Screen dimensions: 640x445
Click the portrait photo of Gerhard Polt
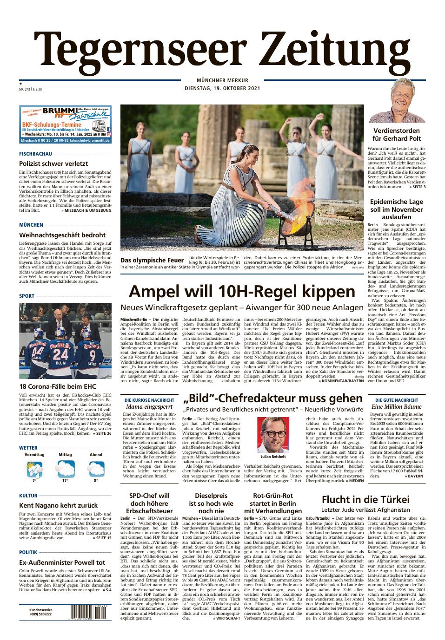pyautogui.click(x=398, y=101)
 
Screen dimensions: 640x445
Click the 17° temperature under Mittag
pyautogui.click(x=65, y=480)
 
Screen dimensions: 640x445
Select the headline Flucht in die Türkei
pyautogui.click(x=365, y=499)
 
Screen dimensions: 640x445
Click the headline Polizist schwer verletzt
pyautogui.click(x=53, y=163)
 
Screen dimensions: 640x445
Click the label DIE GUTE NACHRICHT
pyautogui.click(x=396, y=399)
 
